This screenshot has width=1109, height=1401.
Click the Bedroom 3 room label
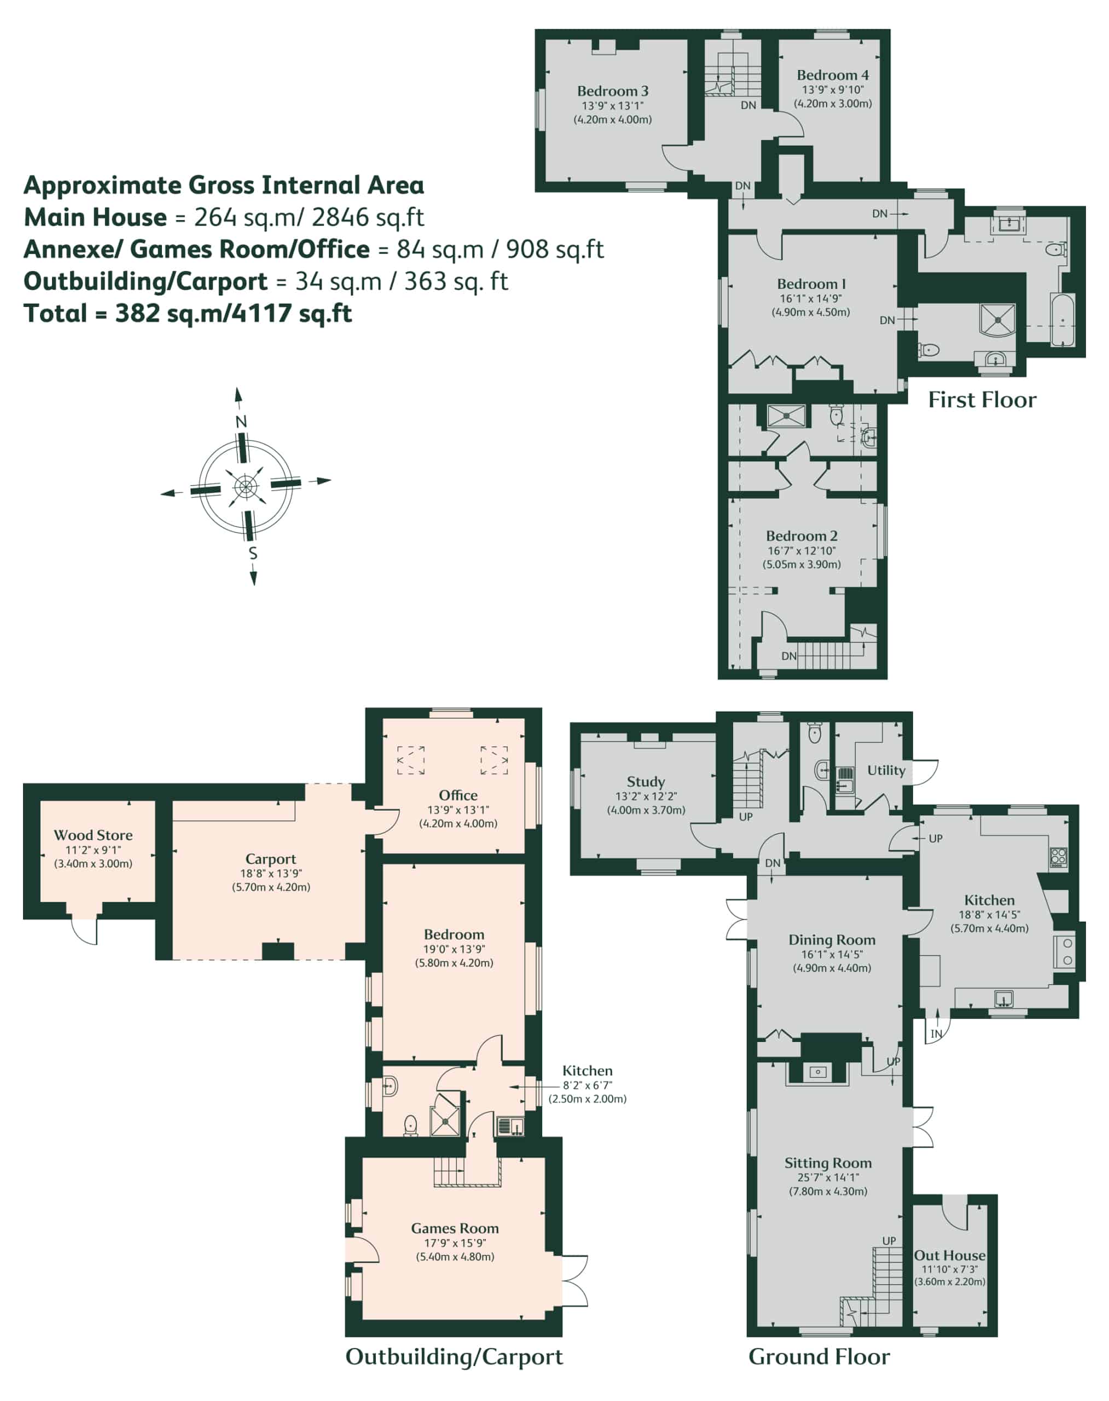point(612,91)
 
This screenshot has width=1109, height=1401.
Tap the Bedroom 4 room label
point(832,76)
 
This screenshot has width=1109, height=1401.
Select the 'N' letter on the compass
point(241,421)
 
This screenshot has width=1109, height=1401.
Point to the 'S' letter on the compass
point(253,553)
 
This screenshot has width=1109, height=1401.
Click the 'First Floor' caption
point(982,400)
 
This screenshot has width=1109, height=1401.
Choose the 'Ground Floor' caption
point(819,1356)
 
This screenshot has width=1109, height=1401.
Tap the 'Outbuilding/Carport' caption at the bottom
point(454,1357)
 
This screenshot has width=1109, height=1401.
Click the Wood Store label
point(93,835)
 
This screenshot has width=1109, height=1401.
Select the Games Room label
point(455,1228)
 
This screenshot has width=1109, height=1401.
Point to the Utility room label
point(886,771)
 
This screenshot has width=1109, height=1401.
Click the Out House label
point(949,1255)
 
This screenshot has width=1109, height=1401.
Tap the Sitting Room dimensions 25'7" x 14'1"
point(827,1177)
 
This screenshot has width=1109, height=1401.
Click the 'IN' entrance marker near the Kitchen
point(936,1034)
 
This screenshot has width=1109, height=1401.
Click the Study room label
point(646,782)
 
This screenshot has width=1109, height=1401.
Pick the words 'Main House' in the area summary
point(95,217)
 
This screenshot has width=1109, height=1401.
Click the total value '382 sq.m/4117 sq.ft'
point(234,314)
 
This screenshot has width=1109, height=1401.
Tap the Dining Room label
point(832,940)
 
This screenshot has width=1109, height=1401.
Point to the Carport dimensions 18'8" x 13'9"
point(271,873)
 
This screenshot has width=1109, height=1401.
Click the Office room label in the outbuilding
point(458,796)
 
